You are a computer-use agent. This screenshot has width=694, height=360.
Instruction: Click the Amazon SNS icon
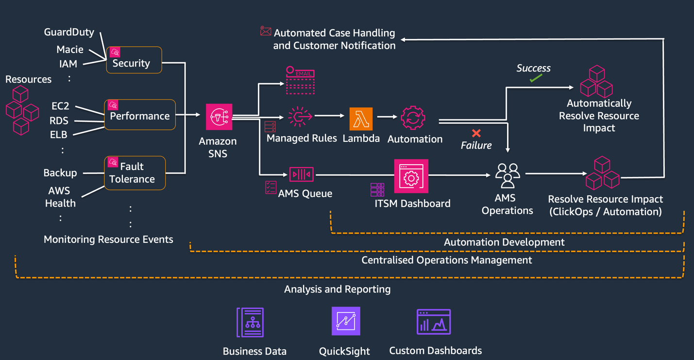point(219,117)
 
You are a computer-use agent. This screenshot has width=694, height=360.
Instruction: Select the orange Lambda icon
point(361,119)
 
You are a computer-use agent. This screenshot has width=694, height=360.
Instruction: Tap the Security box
point(134,60)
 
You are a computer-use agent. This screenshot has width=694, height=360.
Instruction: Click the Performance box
point(140,115)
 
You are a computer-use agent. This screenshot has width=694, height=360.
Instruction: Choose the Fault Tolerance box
point(135,173)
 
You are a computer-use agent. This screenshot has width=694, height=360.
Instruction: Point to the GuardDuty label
point(69,32)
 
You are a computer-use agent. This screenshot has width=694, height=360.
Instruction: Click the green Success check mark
point(536,78)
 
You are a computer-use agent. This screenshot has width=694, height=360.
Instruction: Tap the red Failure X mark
point(476,133)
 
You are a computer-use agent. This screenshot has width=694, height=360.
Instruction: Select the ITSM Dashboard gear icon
point(411,176)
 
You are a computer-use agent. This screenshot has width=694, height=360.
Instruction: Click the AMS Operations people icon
point(508,175)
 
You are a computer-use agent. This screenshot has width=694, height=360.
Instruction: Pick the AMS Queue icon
point(301,174)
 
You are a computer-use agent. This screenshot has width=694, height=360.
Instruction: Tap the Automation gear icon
point(413,118)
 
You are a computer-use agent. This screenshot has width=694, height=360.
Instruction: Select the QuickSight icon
point(346,321)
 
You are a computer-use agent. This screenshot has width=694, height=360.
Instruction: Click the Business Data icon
point(250,322)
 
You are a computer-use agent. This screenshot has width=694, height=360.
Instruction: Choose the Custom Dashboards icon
point(434,322)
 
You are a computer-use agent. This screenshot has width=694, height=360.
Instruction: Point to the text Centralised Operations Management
point(446,260)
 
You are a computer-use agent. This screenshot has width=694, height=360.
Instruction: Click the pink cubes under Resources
point(22,111)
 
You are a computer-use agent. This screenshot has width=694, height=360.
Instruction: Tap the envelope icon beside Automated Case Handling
point(265,31)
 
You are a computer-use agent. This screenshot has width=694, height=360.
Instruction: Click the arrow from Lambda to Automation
point(387,117)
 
